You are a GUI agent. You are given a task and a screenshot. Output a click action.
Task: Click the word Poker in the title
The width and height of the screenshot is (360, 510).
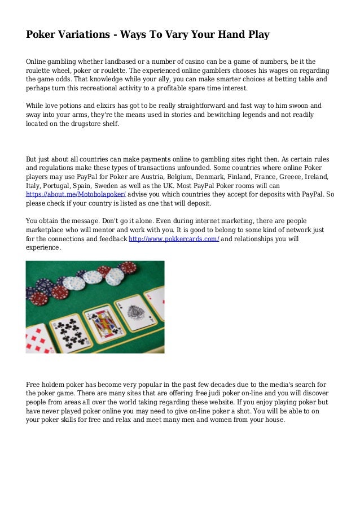click(x=39, y=35)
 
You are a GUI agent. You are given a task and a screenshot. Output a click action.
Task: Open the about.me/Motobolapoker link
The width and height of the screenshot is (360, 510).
click(x=76, y=194)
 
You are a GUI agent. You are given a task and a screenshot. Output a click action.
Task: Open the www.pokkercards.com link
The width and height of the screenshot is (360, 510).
click(x=174, y=239)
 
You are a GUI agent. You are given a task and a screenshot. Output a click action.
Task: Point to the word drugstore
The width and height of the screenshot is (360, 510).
click(x=82, y=123)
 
